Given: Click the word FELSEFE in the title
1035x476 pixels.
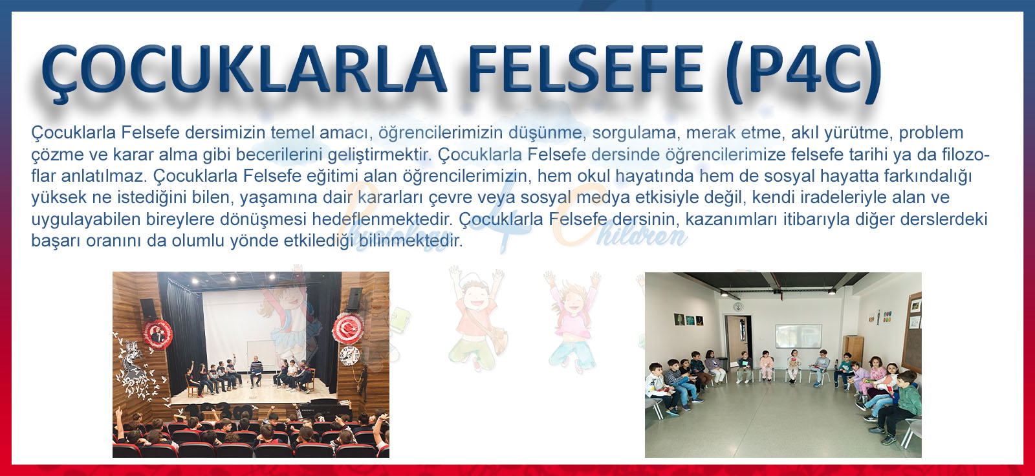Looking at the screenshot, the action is (x=586, y=69).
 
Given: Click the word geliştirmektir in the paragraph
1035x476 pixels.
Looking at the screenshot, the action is (x=380, y=155).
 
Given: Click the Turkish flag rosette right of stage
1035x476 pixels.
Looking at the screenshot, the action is (x=348, y=328).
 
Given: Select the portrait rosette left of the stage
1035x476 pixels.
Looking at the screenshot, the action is (x=158, y=334).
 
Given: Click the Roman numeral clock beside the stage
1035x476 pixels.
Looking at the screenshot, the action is (x=349, y=355).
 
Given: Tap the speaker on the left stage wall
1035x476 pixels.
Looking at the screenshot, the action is (x=148, y=308).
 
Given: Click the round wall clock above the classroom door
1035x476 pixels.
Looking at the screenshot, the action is (x=737, y=307).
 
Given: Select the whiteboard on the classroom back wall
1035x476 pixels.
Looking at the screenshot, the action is (x=798, y=336).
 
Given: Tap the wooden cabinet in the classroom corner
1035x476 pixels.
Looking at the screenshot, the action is (x=853, y=350).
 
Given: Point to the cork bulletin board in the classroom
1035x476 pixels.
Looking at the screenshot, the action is (x=911, y=332).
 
